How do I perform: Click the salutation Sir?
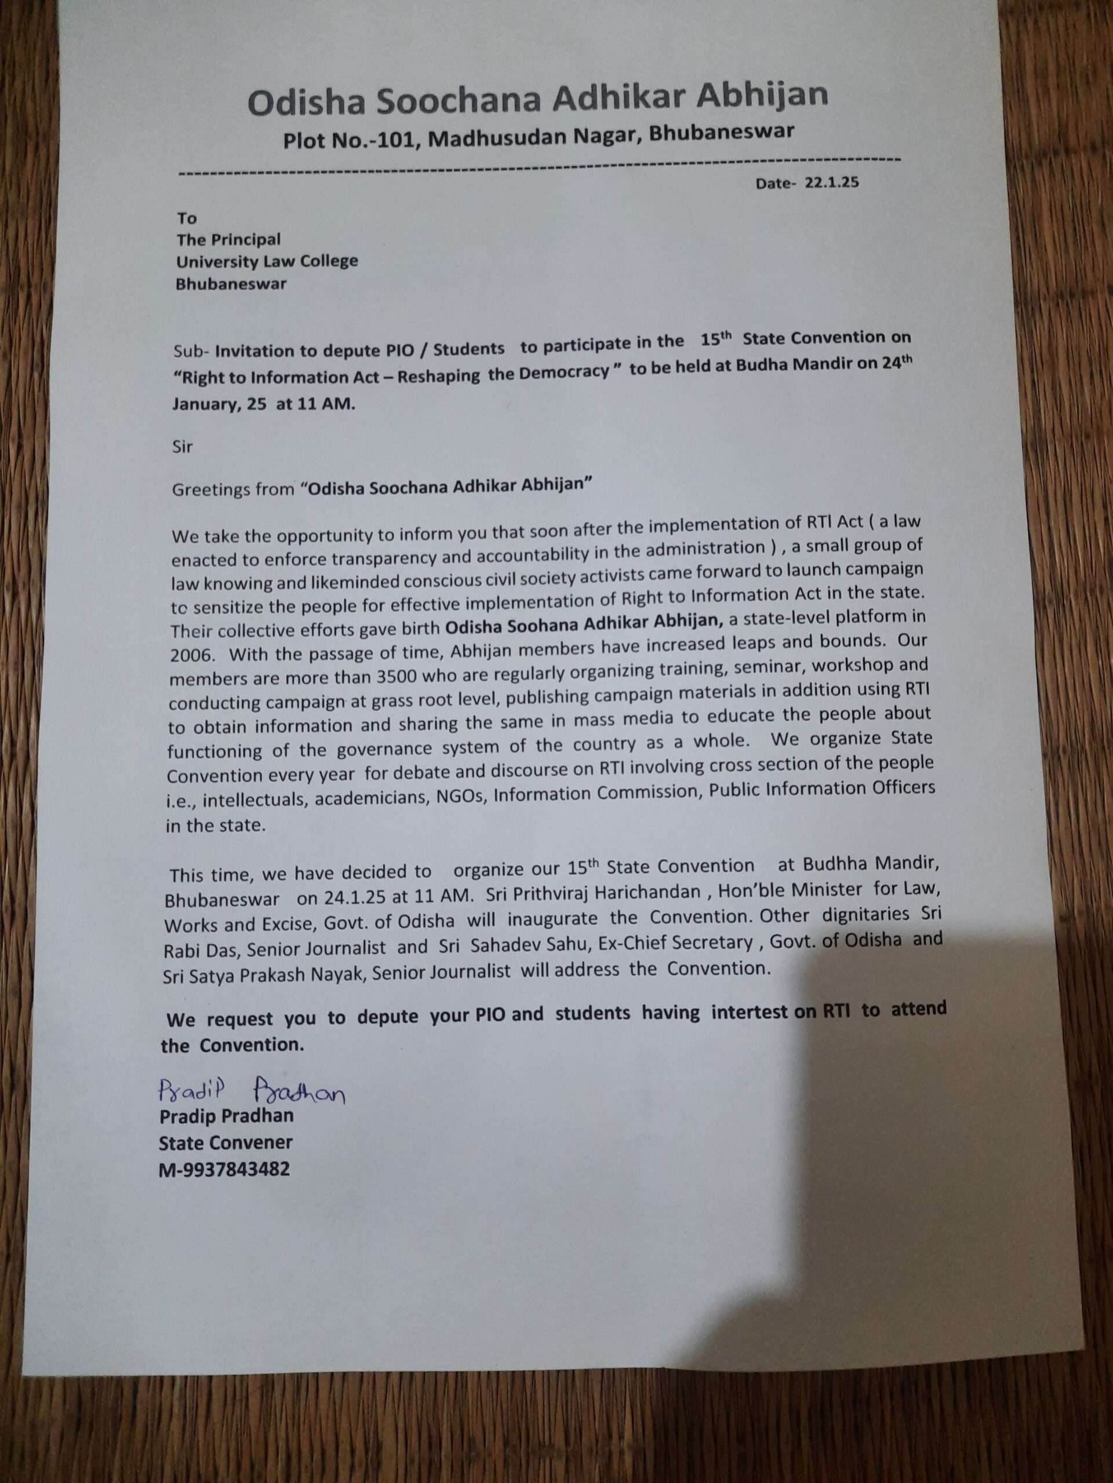pyautogui.click(x=183, y=447)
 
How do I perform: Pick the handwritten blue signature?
pyautogui.click(x=251, y=1092)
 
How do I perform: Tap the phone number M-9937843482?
pyautogui.click(x=224, y=1171)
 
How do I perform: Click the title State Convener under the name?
pyautogui.click(x=225, y=1143)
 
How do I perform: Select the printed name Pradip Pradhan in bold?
pyautogui.click(x=226, y=1117)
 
